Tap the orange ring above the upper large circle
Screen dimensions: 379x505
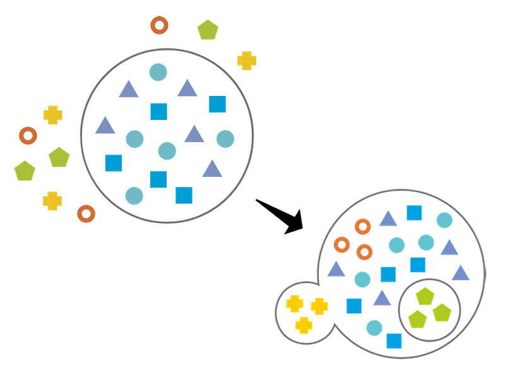(159, 25)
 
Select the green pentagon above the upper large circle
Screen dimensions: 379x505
(208, 30)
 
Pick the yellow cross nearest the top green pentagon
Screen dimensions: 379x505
(247, 60)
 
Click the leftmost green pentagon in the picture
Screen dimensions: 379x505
(25, 171)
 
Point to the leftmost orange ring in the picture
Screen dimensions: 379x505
(28, 135)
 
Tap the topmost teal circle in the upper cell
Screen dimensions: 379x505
(158, 72)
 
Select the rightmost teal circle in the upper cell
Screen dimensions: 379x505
(225, 138)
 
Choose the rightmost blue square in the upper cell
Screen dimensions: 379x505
(217, 104)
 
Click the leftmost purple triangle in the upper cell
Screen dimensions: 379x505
(105, 126)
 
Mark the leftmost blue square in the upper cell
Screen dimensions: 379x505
(114, 163)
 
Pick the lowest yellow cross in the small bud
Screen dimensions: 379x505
(304, 325)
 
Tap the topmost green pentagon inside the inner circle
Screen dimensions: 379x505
(425, 296)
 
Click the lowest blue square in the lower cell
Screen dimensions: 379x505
(394, 340)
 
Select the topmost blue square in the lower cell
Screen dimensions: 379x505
(414, 213)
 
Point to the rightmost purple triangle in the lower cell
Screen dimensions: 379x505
(461, 273)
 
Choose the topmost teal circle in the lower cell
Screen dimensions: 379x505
(444, 220)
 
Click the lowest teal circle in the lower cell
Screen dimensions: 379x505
(374, 328)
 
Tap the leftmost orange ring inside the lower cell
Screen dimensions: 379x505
(342, 244)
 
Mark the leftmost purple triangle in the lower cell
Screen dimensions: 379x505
(336, 270)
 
